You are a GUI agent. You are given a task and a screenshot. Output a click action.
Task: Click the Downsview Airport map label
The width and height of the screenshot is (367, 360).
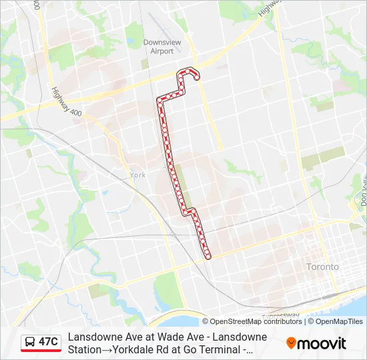click(x=162, y=46)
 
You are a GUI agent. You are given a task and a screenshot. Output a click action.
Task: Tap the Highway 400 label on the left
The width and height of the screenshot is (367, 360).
click(x=66, y=103)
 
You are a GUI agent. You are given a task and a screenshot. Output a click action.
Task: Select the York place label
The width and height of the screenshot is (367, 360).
click(x=137, y=175)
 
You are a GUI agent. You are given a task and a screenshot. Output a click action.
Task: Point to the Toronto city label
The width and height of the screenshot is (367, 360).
click(x=322, y=267)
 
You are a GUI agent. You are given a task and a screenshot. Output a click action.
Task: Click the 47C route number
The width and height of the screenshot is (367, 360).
click(x=48, y=342)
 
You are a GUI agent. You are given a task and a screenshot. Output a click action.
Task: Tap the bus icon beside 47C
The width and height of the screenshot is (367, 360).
click(x=30, y=342)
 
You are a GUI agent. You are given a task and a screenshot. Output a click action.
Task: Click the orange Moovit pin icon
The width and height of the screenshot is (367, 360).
click(x=291, y=343)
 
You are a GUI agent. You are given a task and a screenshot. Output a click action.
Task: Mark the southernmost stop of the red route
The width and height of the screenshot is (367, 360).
click(x=208, y=256)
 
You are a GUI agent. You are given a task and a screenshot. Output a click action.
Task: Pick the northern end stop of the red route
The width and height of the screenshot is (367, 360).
click(x=197, y=78)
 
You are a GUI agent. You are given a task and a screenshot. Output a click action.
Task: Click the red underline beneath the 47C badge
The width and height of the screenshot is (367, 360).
click(x=41, y=351)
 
